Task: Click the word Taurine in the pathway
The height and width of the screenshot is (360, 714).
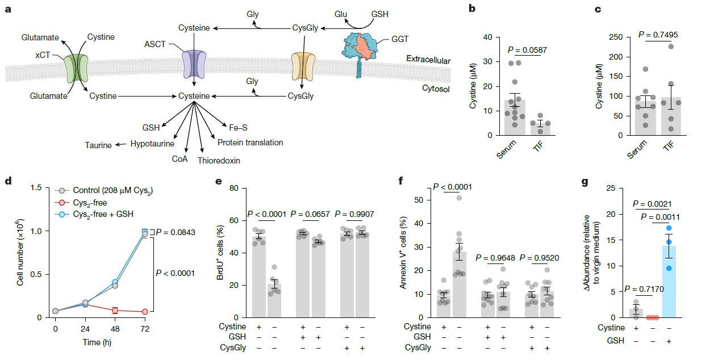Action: (x=98, y=145)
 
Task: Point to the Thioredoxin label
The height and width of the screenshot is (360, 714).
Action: (x=219, y=161)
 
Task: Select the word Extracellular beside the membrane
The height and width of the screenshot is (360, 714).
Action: (x=428, y=60)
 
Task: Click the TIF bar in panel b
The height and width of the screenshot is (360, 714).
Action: (x=540, y=129)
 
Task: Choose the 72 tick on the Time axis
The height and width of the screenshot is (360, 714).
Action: (x=145, y=329)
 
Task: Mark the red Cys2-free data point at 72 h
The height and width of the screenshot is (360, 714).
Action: (x=145, y=312)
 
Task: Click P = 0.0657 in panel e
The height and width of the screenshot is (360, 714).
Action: (x=311, y=214)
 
